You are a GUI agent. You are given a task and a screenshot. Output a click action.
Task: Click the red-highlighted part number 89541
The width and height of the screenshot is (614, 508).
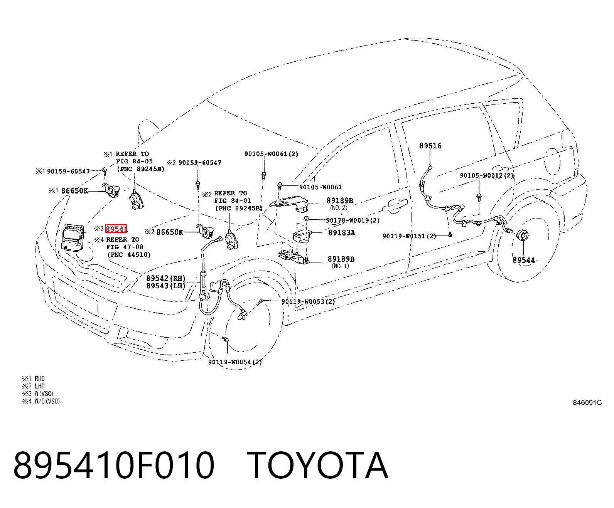point(116,229)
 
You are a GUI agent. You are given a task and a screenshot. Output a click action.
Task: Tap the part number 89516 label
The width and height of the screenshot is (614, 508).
point(430,146)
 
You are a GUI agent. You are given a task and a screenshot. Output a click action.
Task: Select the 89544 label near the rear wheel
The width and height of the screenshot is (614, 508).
point(523,260)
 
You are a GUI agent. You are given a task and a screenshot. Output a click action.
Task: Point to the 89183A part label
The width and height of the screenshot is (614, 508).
point(341,233)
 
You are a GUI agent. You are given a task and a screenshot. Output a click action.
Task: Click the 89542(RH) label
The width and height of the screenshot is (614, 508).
point(166,278)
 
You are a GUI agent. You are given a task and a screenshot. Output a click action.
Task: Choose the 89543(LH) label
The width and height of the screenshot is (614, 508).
point(166,286)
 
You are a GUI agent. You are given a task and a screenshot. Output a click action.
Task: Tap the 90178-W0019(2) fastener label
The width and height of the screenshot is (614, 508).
point(353,220)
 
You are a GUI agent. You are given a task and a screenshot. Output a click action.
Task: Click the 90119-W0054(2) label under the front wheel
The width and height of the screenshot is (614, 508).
point(235,362)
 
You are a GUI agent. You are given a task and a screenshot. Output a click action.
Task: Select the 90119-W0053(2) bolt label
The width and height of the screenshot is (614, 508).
point(308,301)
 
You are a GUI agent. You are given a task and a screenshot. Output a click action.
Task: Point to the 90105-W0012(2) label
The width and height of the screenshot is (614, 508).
point(487,175)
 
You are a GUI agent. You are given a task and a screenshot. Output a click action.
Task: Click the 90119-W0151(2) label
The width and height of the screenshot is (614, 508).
point(409,236)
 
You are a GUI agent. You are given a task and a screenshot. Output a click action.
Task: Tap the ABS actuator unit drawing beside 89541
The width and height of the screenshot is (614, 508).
point(73,237)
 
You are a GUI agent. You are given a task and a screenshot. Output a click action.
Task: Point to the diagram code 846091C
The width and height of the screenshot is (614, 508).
point(587,403)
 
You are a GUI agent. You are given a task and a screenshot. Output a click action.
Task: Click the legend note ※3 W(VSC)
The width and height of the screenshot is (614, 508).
point(38,394)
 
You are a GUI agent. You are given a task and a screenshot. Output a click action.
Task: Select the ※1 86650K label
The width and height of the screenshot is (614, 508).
point(69,191)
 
